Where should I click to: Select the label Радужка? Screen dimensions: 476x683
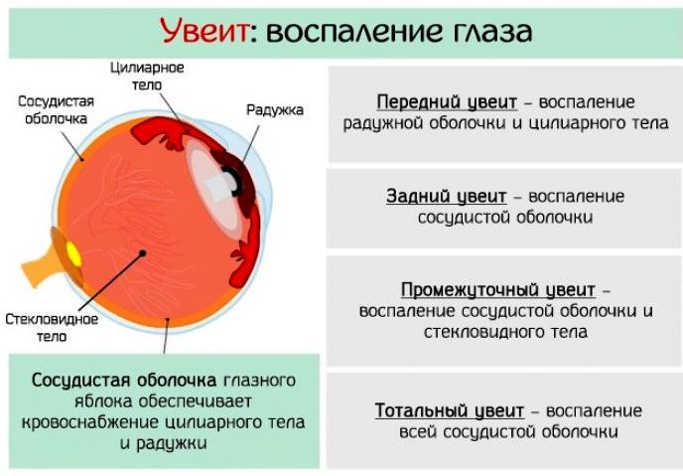274,109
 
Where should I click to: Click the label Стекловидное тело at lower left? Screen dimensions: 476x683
51,328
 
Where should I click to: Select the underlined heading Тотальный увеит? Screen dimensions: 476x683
447,410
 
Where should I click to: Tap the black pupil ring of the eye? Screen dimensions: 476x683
232,182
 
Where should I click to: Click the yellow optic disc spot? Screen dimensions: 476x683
73,252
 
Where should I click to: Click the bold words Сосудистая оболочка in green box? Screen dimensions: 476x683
124,381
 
